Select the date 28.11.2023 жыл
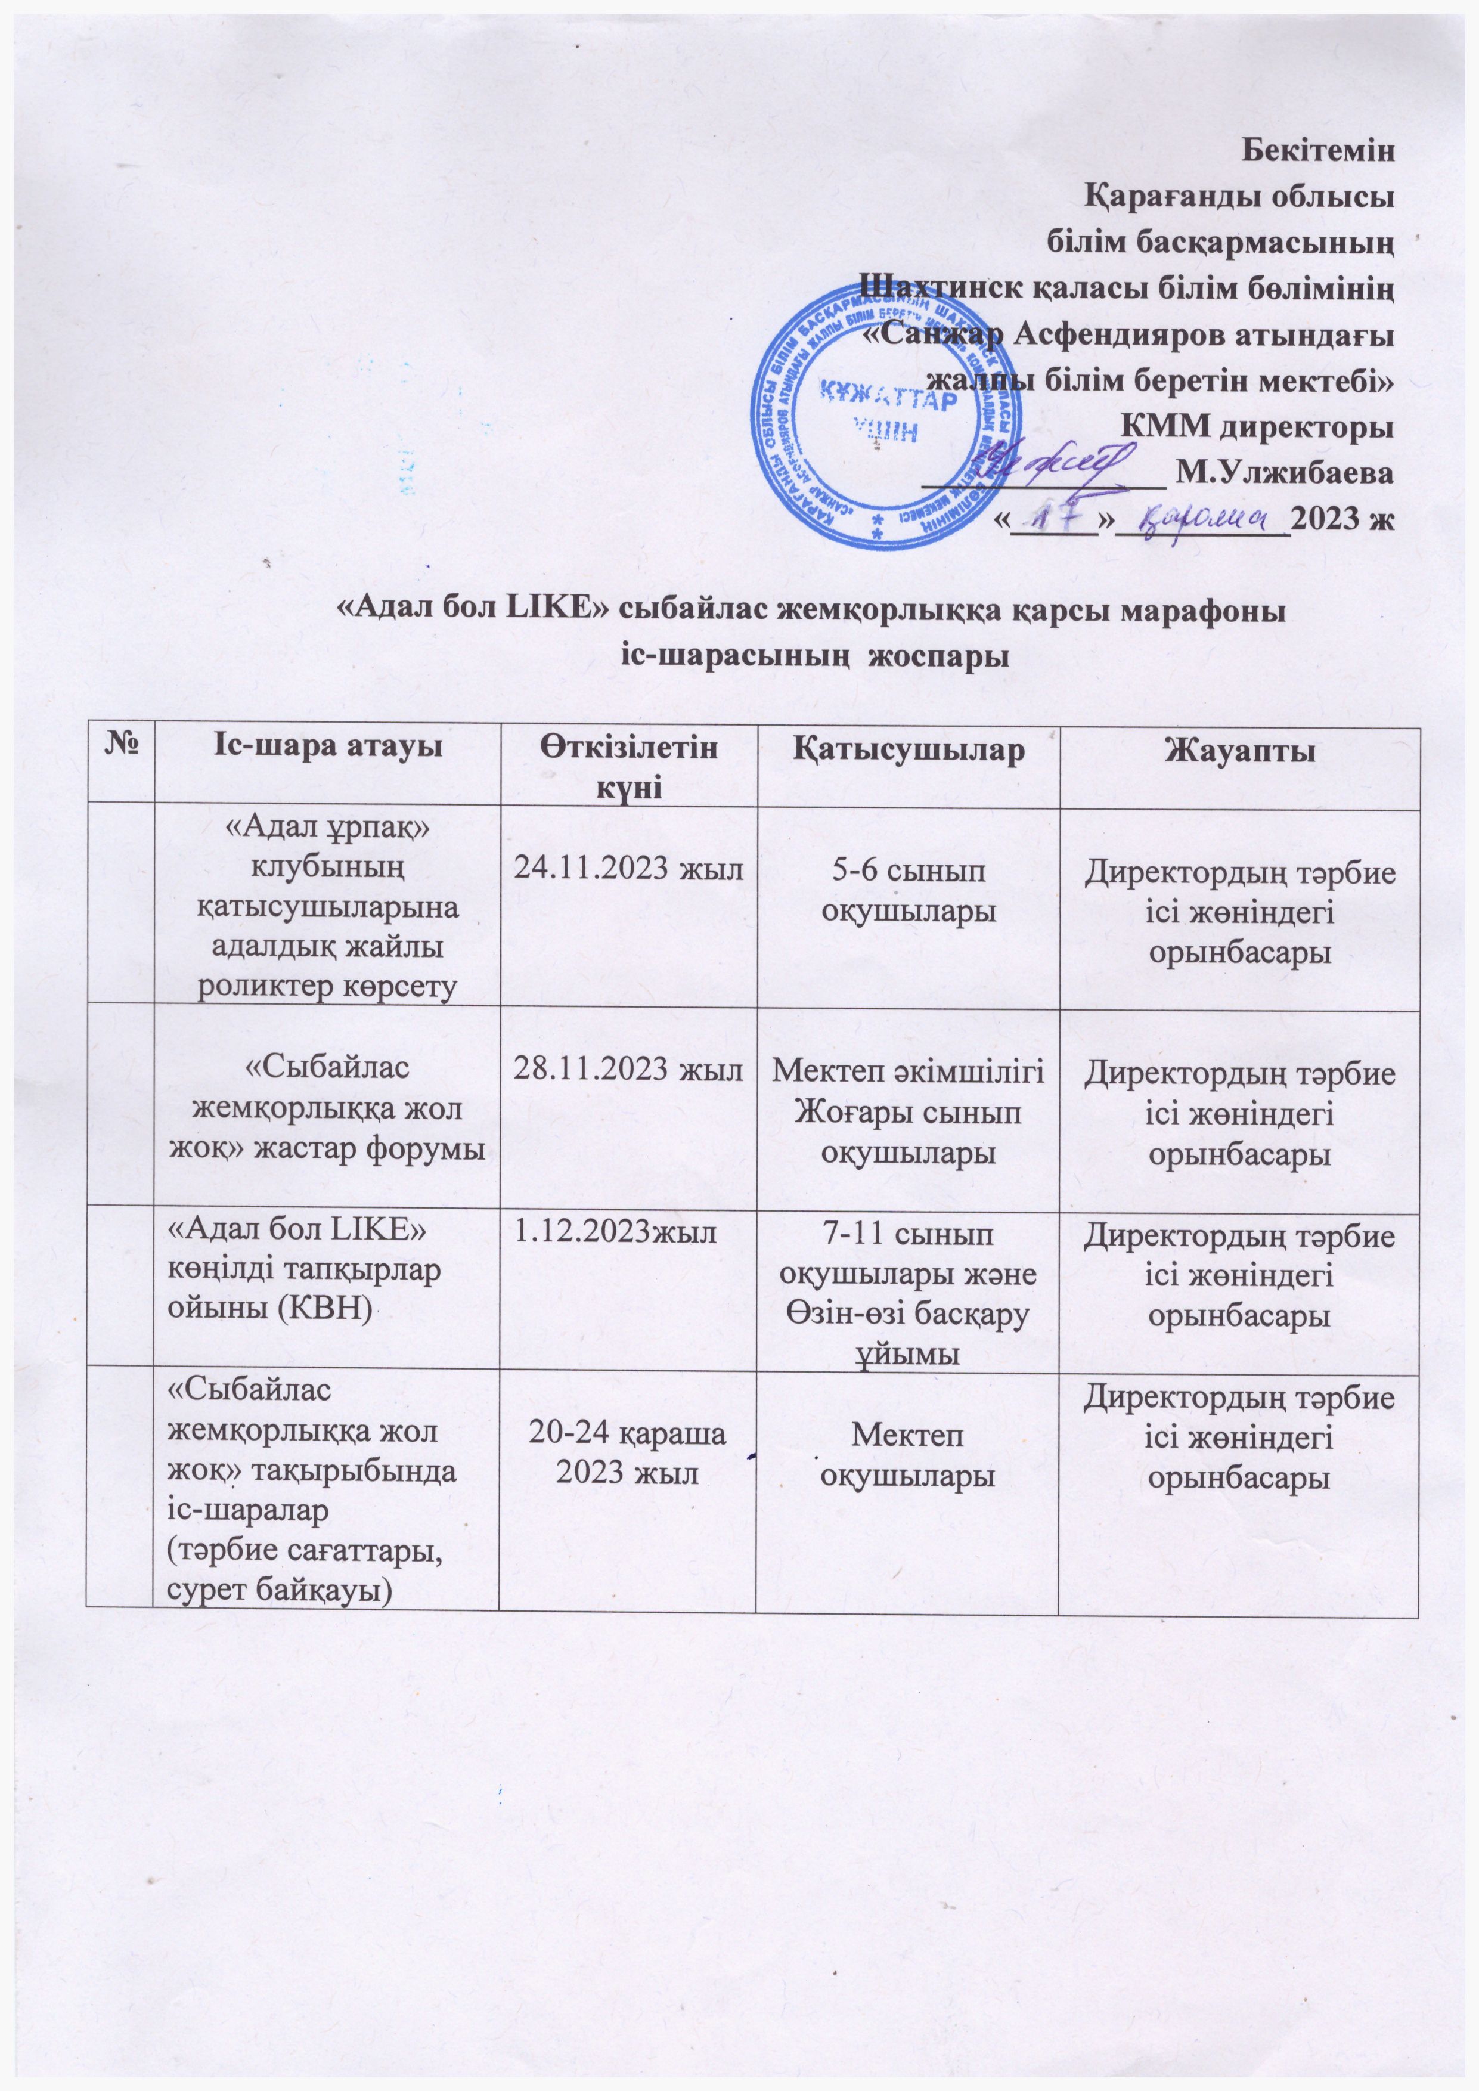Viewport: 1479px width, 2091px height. pos(628,1071)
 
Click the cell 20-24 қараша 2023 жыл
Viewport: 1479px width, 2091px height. pos(628,1454)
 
